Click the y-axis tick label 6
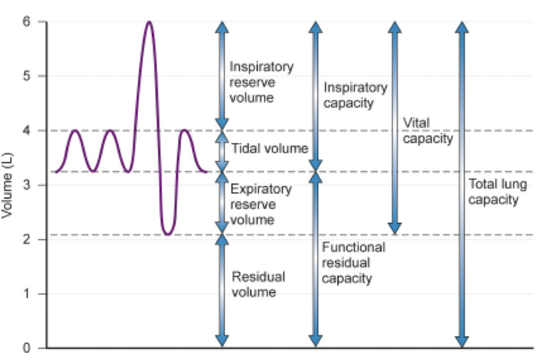pos(27,22)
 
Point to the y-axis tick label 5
pos(27,76)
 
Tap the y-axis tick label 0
pos(27,348)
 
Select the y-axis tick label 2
pos(27,239)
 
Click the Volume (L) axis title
pos(7,186)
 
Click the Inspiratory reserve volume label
pos(261,82)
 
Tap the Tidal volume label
pos(269,149)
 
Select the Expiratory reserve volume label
pos(261,204)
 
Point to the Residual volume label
pos(259,285)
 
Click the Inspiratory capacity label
pos(355,95)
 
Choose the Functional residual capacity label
pos(354,263)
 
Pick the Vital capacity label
pos(428,131)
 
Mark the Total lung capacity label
pos(497,191)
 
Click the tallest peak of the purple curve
pos(149,22)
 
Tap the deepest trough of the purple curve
pos(168,235)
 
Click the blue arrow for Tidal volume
pos(222,151)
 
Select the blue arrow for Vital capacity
pos(395,128)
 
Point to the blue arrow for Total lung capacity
pos(462,184)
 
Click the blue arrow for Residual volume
pos(222,291)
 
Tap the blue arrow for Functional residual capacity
pos(315,259)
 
